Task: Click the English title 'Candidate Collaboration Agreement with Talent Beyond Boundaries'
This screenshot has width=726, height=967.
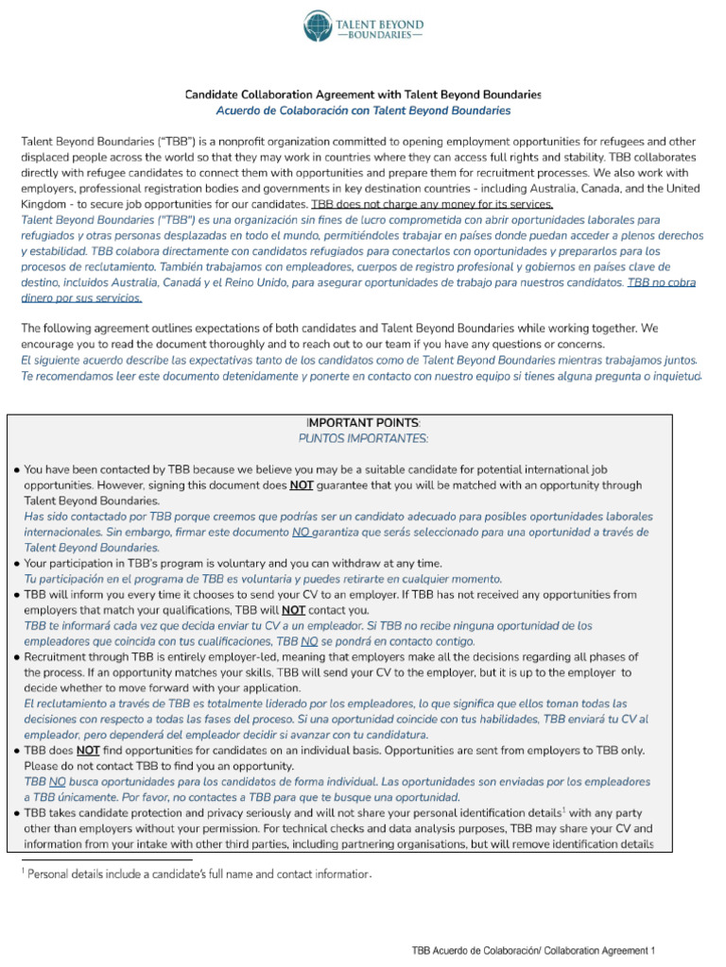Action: pyautogui.click(x=363, y=94)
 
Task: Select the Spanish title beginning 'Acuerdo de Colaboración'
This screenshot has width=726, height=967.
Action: pyautogui.click(x=363, y=110)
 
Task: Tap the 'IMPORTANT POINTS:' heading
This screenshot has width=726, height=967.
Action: pyautogui.click(x=363, y=422)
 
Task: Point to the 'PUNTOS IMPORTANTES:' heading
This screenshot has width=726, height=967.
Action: pyautogui.click(x=363, y=438)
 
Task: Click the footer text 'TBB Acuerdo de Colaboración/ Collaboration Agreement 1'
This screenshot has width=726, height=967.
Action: pyautogui.click(x=532, y=950)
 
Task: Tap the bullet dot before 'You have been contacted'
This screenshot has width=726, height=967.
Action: pyautogui.click(x=17, y=469)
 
